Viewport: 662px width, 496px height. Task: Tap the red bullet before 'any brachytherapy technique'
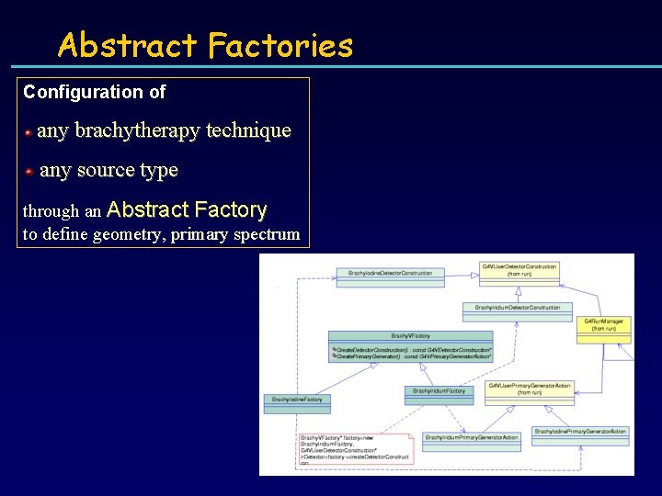(x=29, y=132)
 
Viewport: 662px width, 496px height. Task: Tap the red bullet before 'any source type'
(x=29, y=172)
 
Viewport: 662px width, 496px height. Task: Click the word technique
(x=248, y=130)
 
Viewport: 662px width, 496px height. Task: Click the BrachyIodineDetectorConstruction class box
(x=391, y=275)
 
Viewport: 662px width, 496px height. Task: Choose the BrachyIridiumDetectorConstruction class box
(x=517, y=310)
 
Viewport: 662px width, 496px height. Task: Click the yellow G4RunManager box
(x=604, y=328)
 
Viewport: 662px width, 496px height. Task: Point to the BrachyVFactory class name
(x=410, y=336)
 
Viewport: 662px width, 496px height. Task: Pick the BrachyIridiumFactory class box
(x=439, y=393)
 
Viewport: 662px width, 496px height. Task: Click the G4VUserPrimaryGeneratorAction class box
(x=530, y=389)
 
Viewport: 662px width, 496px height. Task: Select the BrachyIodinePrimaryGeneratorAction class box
(x=580, y=434)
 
